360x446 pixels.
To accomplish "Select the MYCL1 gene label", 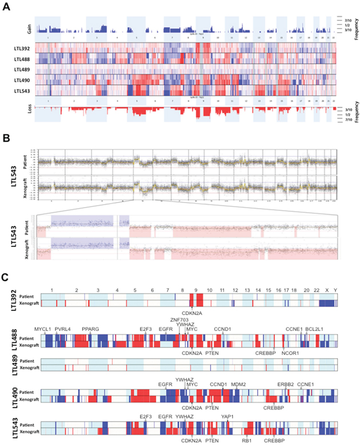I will click(43, 329).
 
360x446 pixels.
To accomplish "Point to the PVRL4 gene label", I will click(63, 329).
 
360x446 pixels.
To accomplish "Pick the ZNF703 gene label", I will click(178, 319).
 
